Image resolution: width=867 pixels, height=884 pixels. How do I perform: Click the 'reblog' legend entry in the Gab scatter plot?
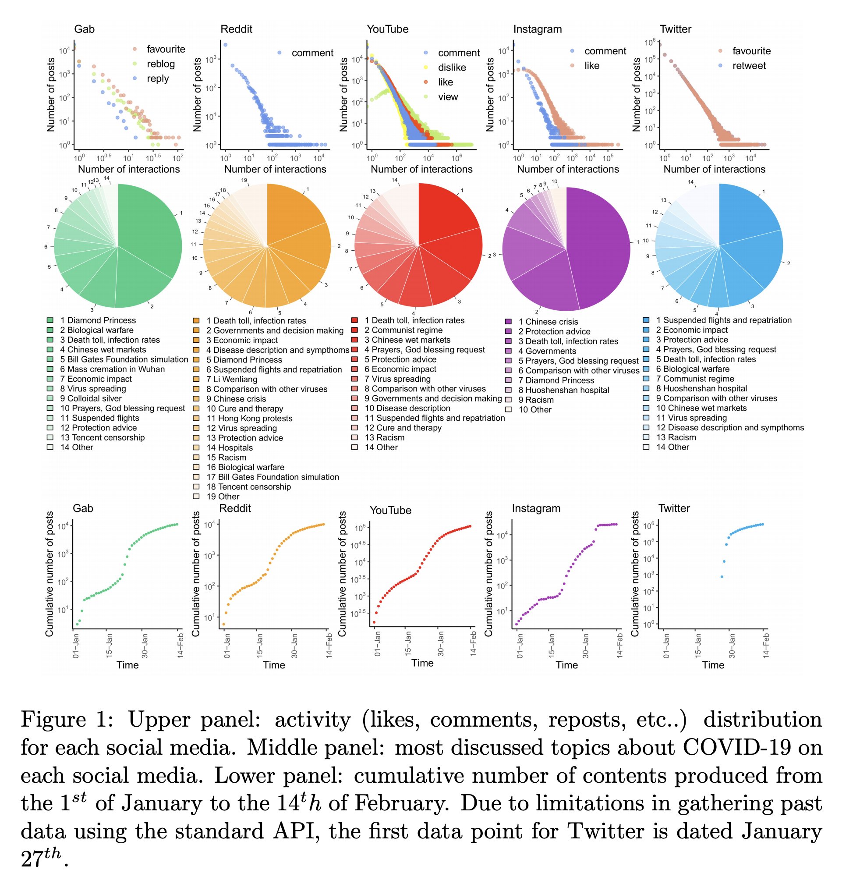click(160, 64)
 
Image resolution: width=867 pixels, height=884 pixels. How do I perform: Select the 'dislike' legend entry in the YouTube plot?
click(452, 67)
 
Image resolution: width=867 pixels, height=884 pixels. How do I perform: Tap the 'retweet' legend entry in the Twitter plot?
click(749, 66)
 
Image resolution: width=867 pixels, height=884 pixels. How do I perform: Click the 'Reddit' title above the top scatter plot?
click(236, 29)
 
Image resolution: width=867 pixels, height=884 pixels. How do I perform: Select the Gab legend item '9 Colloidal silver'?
click(91, 398)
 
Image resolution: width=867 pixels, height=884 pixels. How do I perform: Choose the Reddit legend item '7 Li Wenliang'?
click(231, 380)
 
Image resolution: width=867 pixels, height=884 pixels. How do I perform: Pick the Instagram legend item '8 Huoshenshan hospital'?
click(563, 391)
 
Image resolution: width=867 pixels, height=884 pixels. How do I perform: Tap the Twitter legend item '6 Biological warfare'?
click(692, 369)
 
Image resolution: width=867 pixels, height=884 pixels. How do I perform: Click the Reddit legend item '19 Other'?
click(223, 497)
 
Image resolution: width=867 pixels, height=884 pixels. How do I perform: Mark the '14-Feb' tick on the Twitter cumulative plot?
click(765, 644)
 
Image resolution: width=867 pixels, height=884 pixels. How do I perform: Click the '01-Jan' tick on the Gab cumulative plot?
click(76, 644)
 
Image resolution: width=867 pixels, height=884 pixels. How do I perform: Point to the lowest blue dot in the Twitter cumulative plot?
click(722, 577)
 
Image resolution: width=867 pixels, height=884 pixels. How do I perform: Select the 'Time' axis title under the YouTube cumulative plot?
click(422, 663)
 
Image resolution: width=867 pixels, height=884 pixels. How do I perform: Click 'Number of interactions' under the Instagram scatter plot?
click(568, 170)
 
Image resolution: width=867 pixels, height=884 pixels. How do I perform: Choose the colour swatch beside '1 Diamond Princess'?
click(50, 320)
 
